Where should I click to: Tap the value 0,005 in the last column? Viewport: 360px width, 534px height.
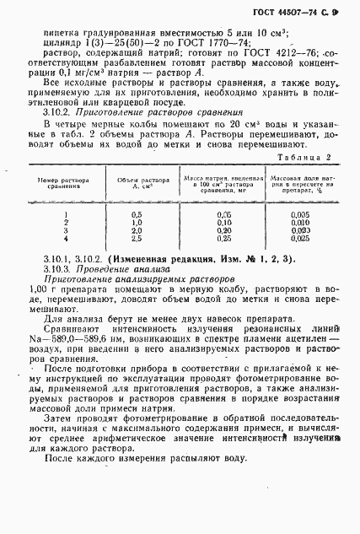[x=302, y=215]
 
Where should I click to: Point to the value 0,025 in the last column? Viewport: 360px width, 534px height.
[x=302, y=238]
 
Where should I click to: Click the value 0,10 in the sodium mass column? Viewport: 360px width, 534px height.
[x=223, y=223]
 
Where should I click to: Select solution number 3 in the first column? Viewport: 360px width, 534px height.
[x=64, y=230]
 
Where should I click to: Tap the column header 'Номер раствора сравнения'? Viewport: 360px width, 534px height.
[x=64, y=182]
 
